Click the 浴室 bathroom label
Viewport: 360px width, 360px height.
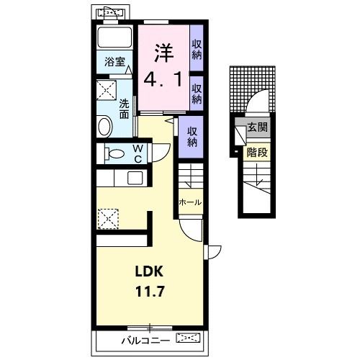pyautogui.click(x=114, y=62)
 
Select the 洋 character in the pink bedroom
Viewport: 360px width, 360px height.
pyautogui.click(x=164, y=53)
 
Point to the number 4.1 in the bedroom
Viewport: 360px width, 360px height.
pyautogui.click(x=163, y=79)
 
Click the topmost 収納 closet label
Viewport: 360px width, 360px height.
pyautogui.click(x=197, y=50)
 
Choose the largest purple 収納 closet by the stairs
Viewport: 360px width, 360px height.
pyautogui.click(x=192, y=137)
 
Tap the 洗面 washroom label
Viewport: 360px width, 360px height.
pyautogui.click(x=125, y=109)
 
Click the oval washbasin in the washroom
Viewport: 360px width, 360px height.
pyautogui.click(x=105, y=126)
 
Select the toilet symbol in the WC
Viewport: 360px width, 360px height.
pyautogui.click(x=114, y=153)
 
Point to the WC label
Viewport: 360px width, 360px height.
pyautogui.click(x=138, y=153)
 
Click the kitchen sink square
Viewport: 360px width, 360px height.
pyautogui.click(x=135, y=179)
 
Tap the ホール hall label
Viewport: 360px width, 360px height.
pyautogui.click(x=190, y=202)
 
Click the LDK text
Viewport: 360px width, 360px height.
pyautogui.click(x=149, y=271)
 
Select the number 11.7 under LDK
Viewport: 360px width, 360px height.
pyautogui.click(x=150, y=292)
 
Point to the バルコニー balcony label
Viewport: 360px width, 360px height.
pyautogui.click(x=145, y=341)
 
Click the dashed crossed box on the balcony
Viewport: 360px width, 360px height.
pyautogui.click(x=188, y=338)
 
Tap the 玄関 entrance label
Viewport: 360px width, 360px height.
pyautogui.click(x=258, y=127)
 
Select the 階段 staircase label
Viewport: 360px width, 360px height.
pyautogui.click(x=257, y=152)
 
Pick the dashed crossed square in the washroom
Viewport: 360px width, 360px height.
pyautogui.click(x=107, y=90)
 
